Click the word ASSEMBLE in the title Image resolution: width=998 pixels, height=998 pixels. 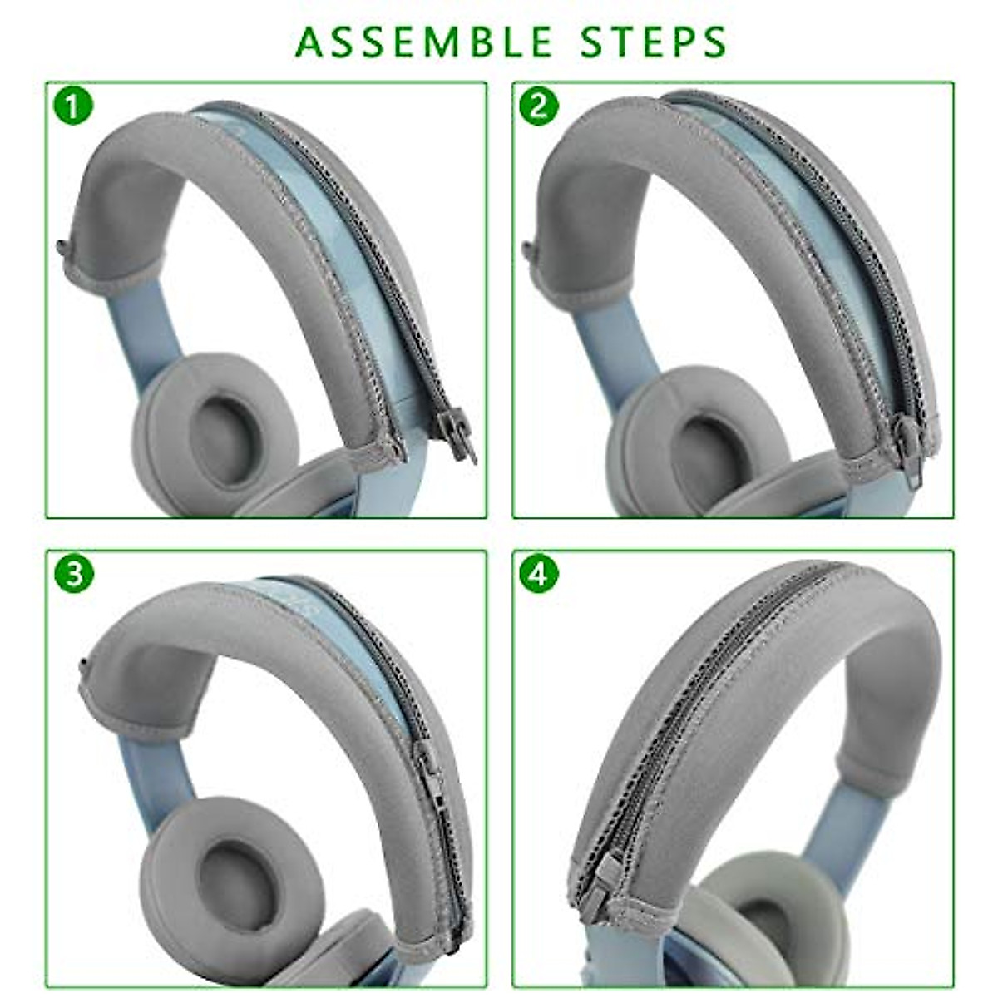(x=424, y=42)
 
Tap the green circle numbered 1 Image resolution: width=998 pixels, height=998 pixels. (x=74, y=106)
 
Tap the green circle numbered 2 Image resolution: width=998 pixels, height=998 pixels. (x=539, y=106)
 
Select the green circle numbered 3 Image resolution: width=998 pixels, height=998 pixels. (x=74, y=574)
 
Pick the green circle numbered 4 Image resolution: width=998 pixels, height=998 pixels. (x=539, y=574)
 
